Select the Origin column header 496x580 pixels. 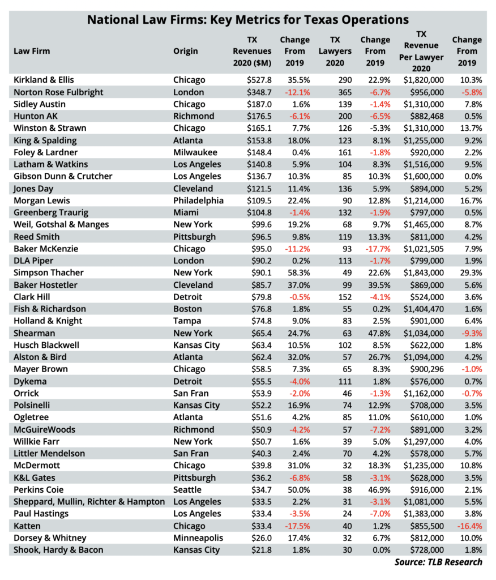coord(185,51)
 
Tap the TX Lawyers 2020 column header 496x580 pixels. coord(335,51)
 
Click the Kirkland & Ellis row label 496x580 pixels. coord(44,80)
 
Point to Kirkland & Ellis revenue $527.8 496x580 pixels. coord(259,80)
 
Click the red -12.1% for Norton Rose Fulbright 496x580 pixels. coord(297,92)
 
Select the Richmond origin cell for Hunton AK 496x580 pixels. coord(194,116)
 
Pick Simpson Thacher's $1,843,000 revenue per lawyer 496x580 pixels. coord(424,272)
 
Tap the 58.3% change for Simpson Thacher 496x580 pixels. coord(299,272)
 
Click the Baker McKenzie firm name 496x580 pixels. coord(46,249)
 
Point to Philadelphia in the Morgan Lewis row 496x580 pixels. coord(198,201)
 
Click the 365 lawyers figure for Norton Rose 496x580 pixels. coord(345,92)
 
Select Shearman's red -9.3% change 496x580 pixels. coord(472,333)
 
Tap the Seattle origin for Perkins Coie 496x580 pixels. coord(187,490)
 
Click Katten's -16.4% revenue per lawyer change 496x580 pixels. coord(470,526)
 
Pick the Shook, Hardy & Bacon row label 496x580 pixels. coord(58,550)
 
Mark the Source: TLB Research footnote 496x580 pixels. coord(438,562)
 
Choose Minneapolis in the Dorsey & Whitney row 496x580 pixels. coord(198,538)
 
